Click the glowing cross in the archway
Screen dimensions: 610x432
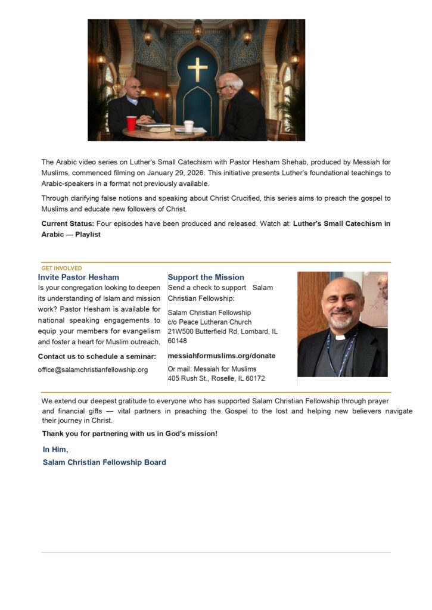(197, 70)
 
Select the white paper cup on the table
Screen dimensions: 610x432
(189, 126)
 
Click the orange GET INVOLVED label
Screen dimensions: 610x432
(62, 268)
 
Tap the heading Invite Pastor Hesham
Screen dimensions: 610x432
(79, 277)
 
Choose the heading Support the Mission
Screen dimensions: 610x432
(206, 277)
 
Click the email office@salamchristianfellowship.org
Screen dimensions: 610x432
(93, 369)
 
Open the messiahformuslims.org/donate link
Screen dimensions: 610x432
(222, 356)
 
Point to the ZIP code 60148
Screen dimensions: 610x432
(178, 341)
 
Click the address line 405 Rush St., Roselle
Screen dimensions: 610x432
(216, 378)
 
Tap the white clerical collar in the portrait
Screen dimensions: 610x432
(340, 337)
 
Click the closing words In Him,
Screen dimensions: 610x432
(55, 450)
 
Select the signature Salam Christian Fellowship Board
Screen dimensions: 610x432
(104, 462)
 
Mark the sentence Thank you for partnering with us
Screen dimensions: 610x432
(129, 434)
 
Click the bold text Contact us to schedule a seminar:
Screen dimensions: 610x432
(97, 356)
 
